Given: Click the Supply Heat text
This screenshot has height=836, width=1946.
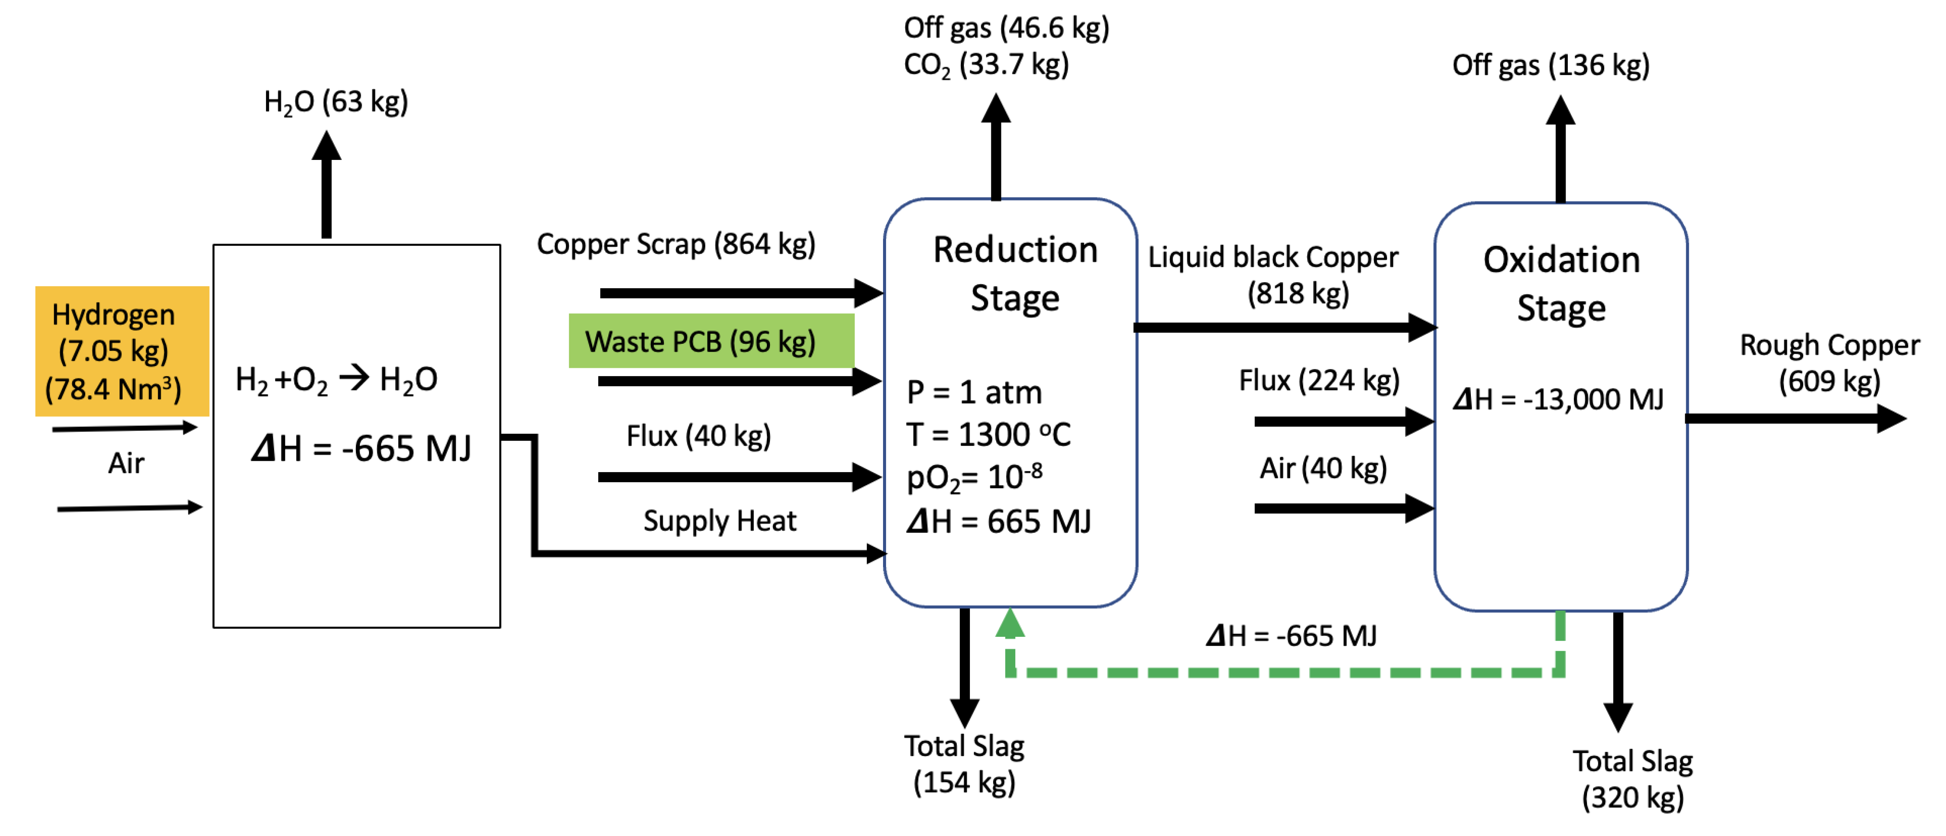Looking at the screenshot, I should [719, 521].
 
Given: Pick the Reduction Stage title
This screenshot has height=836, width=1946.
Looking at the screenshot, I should [1014, 273].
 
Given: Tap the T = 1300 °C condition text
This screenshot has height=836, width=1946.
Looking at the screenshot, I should [987, 435].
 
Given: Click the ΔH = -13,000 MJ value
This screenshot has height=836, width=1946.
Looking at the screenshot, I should [1558, 399].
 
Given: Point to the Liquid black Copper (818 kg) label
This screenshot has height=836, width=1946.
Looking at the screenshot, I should [1273, 274].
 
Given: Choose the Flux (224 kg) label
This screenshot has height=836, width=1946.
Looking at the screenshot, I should [1318, 380].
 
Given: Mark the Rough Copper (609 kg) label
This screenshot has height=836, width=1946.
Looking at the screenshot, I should [1829, 363].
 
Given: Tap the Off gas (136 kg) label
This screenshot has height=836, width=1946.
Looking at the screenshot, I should [1550, 66].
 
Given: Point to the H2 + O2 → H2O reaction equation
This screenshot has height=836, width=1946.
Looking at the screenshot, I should [336, 380].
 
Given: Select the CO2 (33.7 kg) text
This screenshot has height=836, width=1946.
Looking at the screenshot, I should [986, 65].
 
